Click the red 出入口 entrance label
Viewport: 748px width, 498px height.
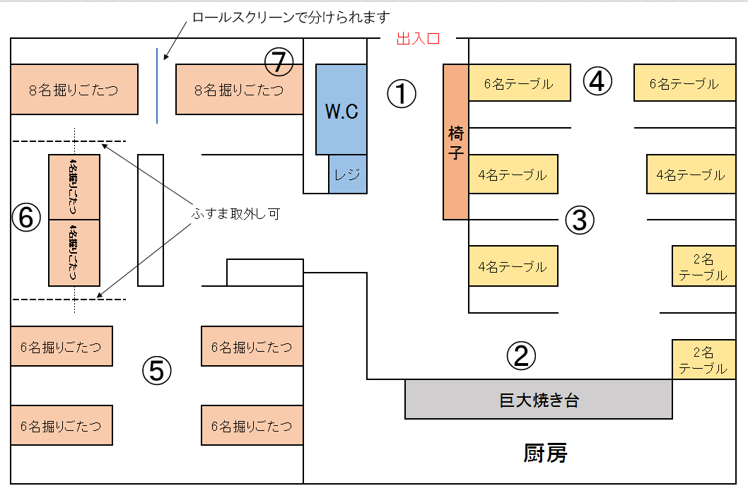point(418,39)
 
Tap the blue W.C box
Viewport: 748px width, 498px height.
point(341,109)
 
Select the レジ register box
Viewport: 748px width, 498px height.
point(348,174)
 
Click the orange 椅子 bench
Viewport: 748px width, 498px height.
point(456,142)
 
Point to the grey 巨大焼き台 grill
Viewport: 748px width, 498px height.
point(538,400)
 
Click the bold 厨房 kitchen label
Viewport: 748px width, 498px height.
point(545,453)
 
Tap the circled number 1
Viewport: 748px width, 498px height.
point(402,93)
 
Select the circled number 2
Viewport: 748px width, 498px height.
point(521,356)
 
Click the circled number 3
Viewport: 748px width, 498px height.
point(579,220)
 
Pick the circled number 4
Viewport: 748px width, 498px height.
point(597,81)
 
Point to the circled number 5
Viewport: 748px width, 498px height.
point(157,369)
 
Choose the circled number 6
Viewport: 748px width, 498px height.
point(26,218)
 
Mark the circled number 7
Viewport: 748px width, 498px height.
point(279,62)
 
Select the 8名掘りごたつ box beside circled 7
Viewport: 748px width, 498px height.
point(239,89)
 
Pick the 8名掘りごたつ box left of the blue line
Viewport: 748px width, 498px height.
point(74,89)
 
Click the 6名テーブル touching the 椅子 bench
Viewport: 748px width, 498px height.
point(519,83)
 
